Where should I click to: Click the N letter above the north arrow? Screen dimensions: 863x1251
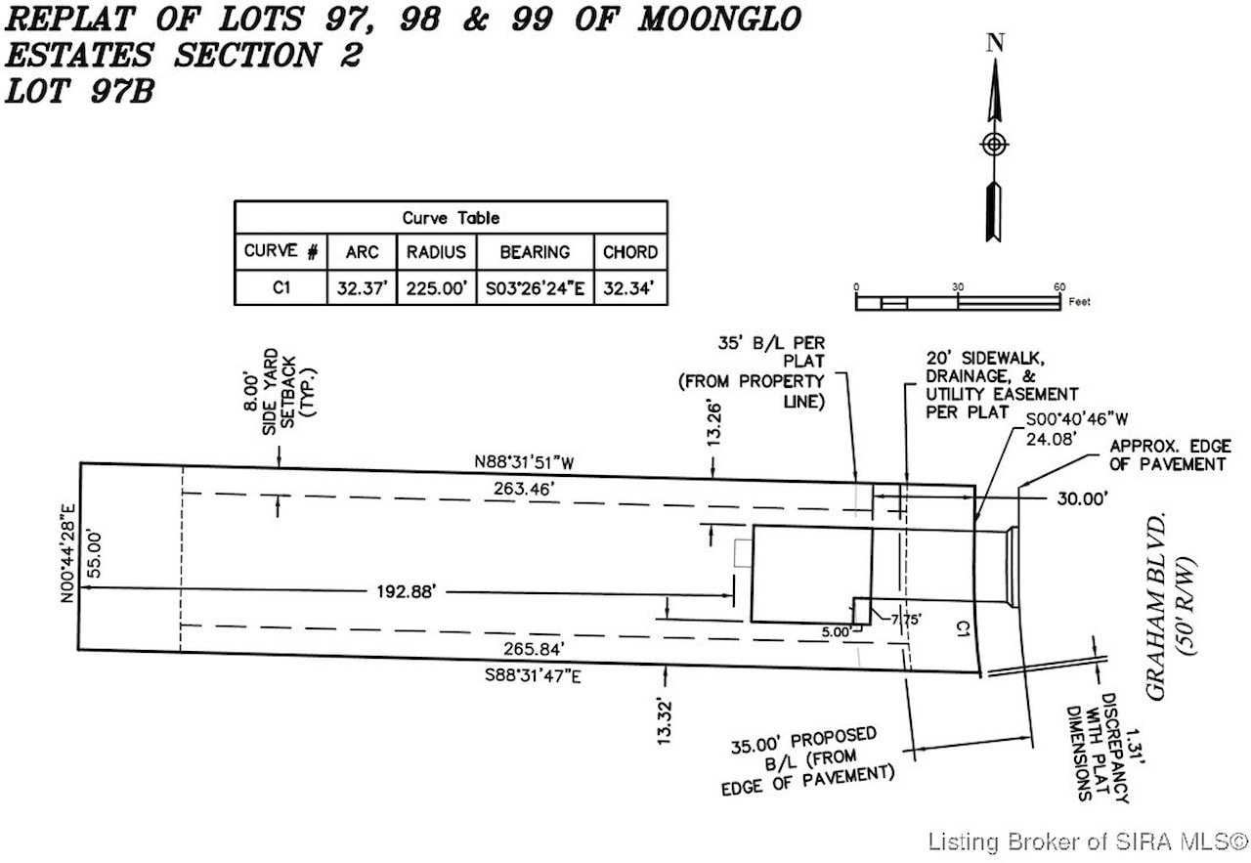995,42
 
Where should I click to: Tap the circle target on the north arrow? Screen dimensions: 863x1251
994,145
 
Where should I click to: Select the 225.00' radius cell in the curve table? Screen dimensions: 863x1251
436,288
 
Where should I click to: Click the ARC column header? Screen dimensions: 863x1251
362,252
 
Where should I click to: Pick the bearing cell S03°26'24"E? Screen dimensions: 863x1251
535,288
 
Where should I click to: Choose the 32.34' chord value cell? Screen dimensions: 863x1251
629,288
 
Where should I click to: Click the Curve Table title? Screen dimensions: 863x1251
451,218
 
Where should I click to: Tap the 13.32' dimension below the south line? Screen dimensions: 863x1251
666,721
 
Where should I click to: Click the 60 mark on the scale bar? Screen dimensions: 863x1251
1059,286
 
